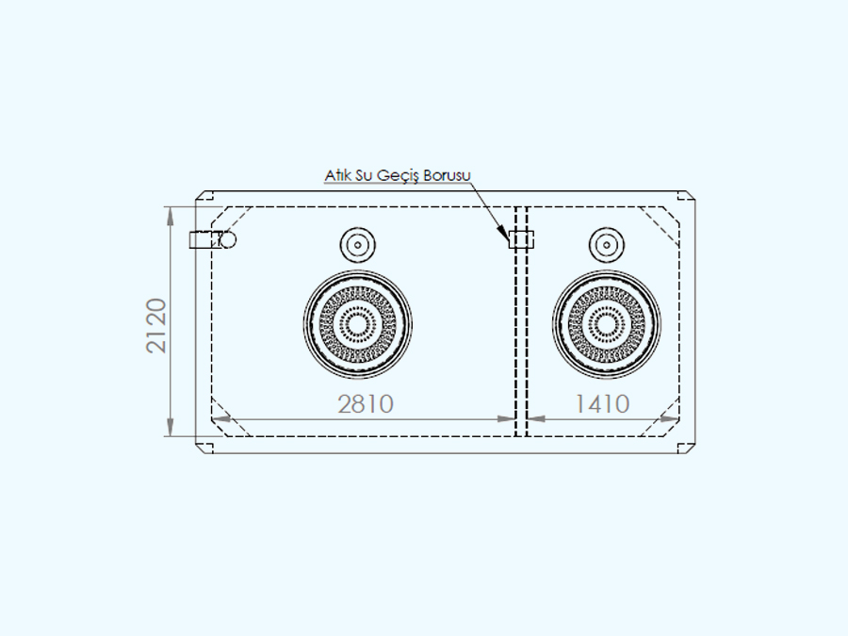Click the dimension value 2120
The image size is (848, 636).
(156, 326)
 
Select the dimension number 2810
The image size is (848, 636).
(366, 404)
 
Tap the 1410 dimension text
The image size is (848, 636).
(602, 404)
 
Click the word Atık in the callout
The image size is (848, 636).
(337, 175)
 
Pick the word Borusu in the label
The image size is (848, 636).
(448, 175)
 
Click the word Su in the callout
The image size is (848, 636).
(364, 175)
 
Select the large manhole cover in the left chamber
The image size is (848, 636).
(357, 324)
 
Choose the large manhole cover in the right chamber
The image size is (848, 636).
(606, 324)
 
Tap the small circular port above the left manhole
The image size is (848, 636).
(357, 244)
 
